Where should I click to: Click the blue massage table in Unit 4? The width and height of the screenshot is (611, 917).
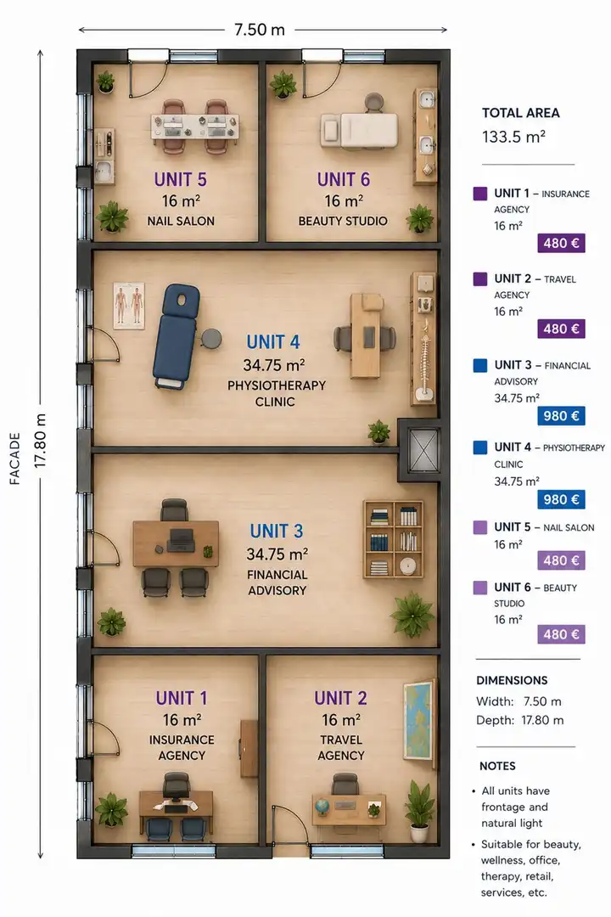(x=176, y=337)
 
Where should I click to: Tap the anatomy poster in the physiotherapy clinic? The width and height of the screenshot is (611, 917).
(x=129, y=306)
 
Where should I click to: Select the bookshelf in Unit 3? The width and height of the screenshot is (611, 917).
(x=394, y=539)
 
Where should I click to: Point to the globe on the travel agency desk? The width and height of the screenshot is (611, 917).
(x=322, y=806)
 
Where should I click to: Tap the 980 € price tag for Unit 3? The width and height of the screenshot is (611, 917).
(x=561, y=416)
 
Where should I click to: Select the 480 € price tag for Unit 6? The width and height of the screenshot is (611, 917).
(x=561, y=634)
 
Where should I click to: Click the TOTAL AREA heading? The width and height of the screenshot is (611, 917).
(x=520, y=113)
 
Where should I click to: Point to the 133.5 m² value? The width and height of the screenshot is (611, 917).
(x=513, y=137)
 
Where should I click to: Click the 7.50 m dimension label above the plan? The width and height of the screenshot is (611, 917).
(x=259, y=29)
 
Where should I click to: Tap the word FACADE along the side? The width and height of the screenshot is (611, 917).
(x=15, y=458)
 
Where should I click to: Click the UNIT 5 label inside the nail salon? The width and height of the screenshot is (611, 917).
(x=180, y=179)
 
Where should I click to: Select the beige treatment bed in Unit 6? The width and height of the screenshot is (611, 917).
(x=360, y=130)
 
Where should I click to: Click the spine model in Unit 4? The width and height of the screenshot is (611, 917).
(x=424, y=360)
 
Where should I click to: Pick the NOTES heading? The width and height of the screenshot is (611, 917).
(x=497, y=766)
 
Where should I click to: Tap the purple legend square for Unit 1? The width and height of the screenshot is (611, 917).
(x=480, y=194)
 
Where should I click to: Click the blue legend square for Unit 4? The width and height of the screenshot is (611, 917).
(x=480, y=447)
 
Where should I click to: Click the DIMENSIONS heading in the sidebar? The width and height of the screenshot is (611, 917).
(x=512, y=680)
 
